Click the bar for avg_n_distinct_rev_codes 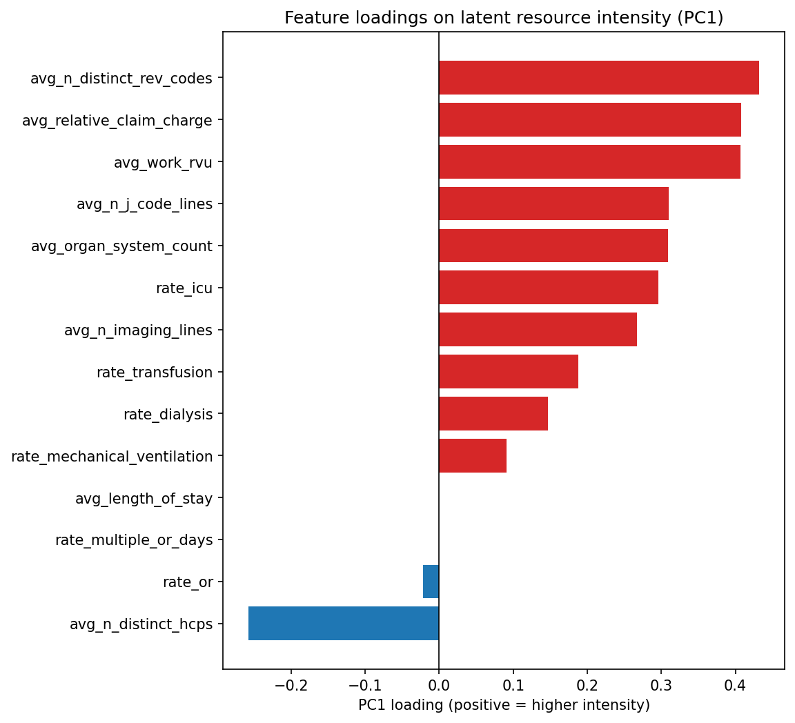click(598, 78)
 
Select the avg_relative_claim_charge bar click(589, 120)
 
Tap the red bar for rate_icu click(548, 288)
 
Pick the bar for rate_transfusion click(508, 372)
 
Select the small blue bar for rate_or click(431, 582)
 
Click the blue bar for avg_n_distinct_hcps click(343, 624)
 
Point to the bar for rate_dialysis click(493, 414)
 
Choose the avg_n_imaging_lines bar click(538, 330)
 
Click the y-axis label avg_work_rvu click(163, 163)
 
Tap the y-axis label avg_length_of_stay click(144, 498)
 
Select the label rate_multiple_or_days click(134, 540)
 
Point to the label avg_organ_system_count click(121, 246)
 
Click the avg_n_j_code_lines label click(144, 204)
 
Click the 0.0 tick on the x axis click(439, 685)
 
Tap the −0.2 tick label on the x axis click(291, 685)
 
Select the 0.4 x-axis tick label click(735, 685)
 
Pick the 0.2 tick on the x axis click(587, 685)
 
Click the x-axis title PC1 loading click(504, 706)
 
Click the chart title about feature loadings click(504, 18)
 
